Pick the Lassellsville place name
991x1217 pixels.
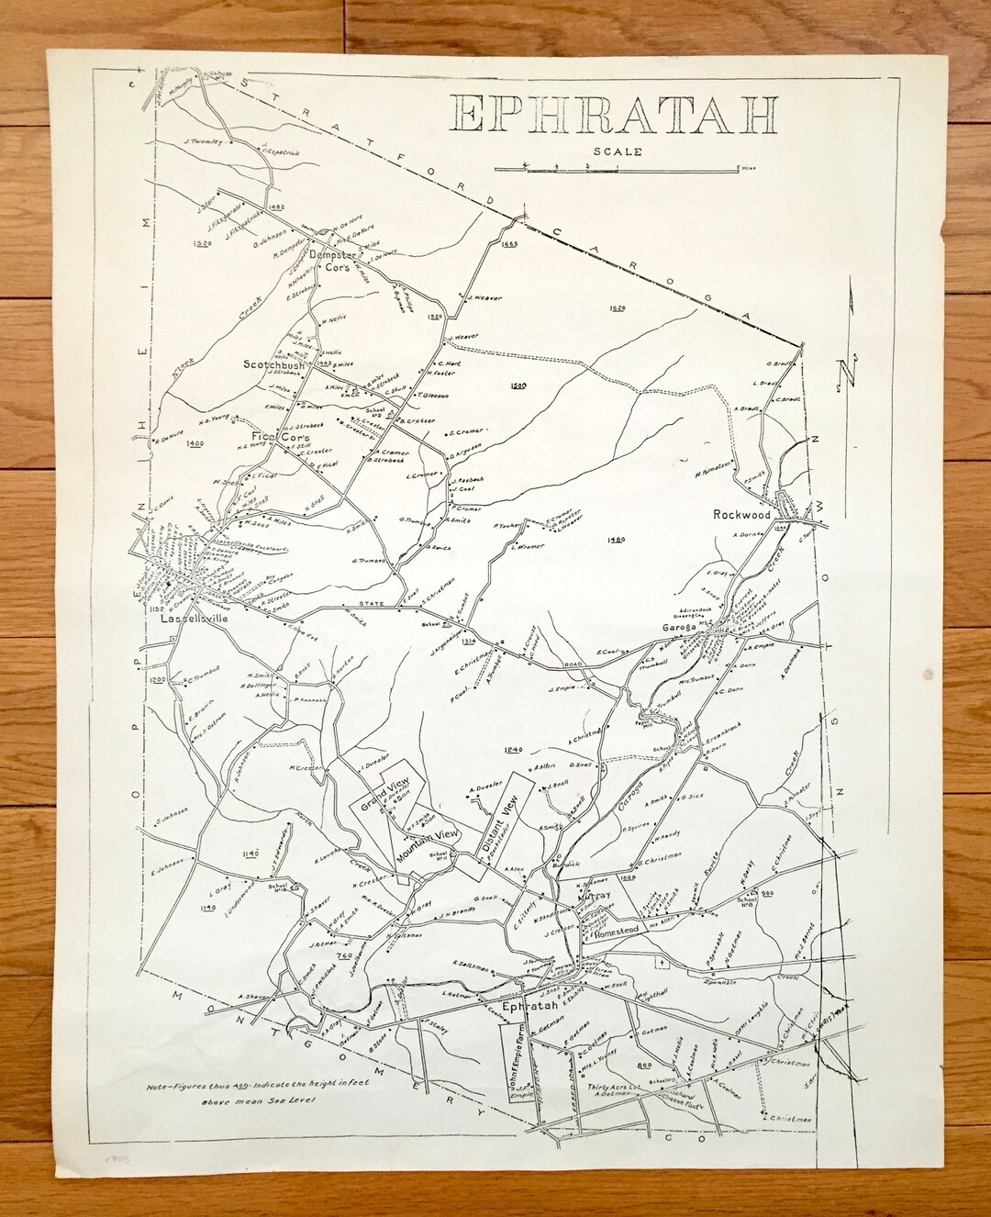point(199,619)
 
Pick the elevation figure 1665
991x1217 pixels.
point(511,243)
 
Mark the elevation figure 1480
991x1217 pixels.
point(615,540)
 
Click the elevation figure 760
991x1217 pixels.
point(344,956)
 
